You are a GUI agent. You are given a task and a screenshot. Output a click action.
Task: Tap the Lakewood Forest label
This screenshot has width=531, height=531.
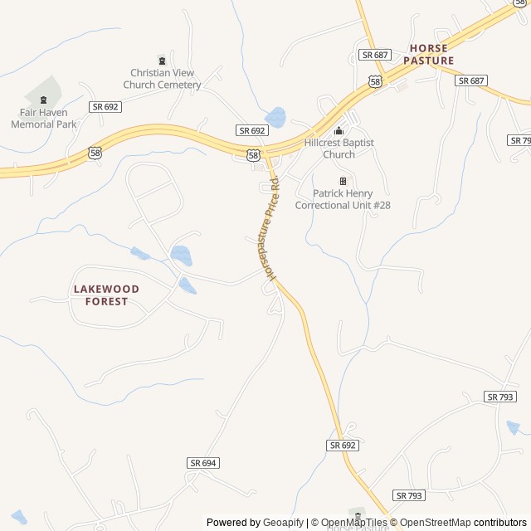click(x=106, y=295)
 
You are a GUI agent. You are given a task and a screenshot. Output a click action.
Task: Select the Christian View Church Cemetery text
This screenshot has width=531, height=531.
click(x=162, y=79)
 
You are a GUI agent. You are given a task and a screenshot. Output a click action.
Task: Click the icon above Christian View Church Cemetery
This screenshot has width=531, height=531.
click(x=162, y=60)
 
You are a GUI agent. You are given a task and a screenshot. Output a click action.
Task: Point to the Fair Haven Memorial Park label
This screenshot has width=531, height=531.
click(x=43, y=119)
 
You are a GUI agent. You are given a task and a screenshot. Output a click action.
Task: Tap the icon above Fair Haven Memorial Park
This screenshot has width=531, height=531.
click(x=43, y=100)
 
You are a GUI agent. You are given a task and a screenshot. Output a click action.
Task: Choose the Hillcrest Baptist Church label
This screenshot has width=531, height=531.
click(x=339, y=149)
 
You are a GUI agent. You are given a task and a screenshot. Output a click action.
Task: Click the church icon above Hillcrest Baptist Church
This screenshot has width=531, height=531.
click(x=339, y=130)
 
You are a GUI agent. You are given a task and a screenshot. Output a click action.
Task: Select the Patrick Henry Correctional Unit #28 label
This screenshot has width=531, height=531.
click(x=343, y=199)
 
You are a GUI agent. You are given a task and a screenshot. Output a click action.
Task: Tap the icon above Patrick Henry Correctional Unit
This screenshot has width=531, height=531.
click(x=343, y=181)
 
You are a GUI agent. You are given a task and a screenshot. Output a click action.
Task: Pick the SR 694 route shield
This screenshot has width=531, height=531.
click(x=202, y=463)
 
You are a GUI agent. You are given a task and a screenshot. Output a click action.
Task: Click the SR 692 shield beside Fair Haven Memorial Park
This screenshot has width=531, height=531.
click(x=105, y=106)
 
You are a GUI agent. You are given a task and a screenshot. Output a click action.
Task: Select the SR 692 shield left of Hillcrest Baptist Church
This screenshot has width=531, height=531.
click(x=252, y=131)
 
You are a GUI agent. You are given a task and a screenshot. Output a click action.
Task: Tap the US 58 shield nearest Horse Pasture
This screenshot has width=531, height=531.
click(x=376, y=81)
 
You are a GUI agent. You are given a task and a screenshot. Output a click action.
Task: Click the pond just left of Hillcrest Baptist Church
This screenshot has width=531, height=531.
click(x=275, y=117)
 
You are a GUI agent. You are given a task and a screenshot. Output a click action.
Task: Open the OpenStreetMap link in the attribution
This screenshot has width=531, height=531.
click(x=435, y=523)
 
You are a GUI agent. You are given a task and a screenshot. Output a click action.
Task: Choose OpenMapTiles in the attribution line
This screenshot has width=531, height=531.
click(x=354, y=523)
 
